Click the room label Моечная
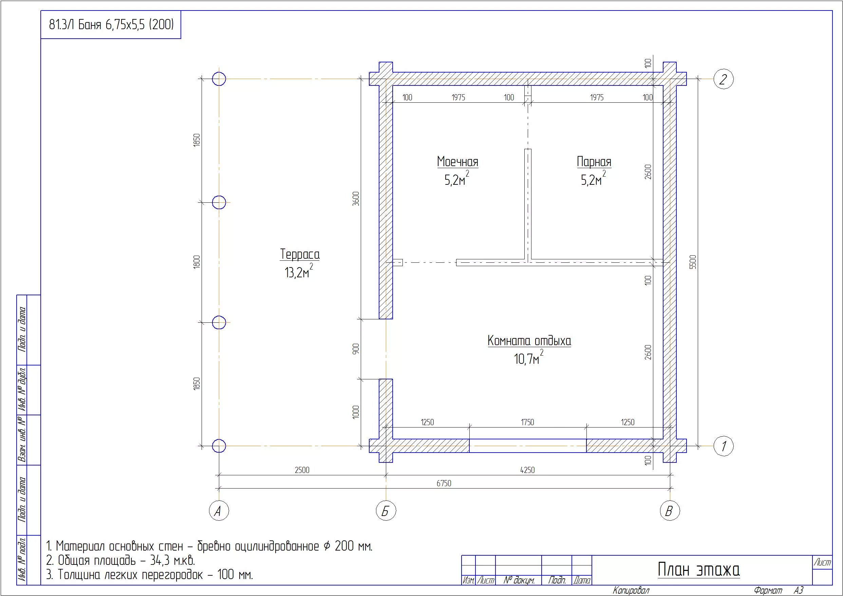[x=458, y=161]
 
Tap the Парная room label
[x=594, y=161]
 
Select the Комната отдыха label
[x=529, y=341]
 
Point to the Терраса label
[x=300, y=254]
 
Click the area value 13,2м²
[x=299, y=272]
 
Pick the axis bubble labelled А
[x=219, y=511]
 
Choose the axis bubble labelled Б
[x=386, y=511]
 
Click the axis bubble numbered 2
[x=723, y=79]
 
